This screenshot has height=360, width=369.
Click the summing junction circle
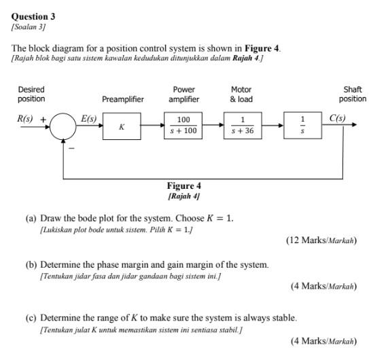click(x=65, y=127)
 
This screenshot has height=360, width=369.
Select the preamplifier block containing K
click(x=122, y=127)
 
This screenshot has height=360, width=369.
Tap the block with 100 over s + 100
click(x=183, y=126)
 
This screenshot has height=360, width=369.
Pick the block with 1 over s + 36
click(x=241, y=126)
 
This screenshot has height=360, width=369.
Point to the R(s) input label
click(x=25, y=119)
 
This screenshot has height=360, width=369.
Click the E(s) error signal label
click(x=88, y=118)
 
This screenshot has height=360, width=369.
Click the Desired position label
click(x=31, y=94)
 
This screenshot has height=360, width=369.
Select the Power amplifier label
click(x=183, y=94)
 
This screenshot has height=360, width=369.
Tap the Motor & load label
click(x=241, y=94)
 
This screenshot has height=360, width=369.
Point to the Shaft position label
click(x=352, y=94)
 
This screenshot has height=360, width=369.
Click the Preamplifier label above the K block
click(x=122, y=99)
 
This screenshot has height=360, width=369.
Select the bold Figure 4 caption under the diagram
click(x=183, y=185)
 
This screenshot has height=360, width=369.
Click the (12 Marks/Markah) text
click(x=321, y=240)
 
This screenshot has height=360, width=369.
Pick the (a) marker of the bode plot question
click(x=31, y=218)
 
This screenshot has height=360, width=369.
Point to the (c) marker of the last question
click(x=31, y=317)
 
